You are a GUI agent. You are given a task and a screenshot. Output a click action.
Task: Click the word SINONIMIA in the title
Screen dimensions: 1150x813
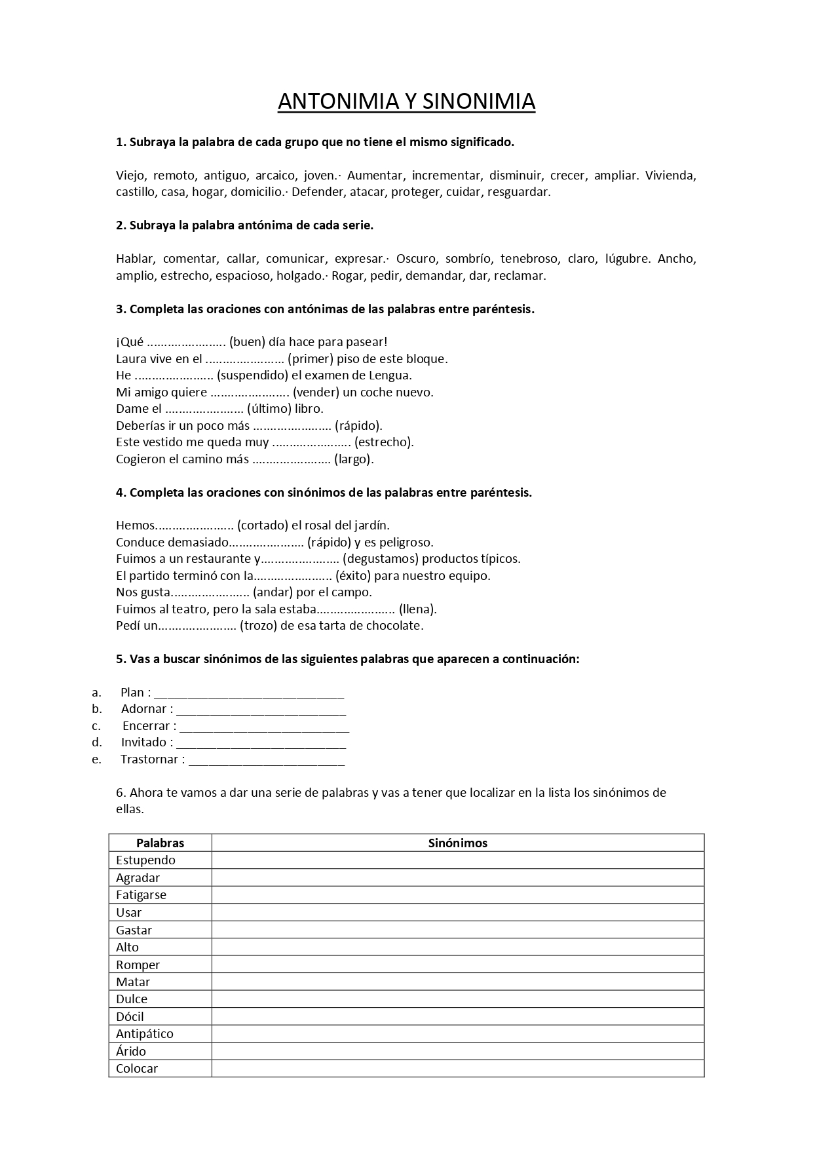[x=479, y=102]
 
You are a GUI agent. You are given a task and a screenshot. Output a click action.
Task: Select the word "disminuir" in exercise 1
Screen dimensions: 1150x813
[x=516, y=176]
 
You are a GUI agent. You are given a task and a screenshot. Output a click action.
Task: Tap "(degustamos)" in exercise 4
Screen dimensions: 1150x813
[x=381, y=559]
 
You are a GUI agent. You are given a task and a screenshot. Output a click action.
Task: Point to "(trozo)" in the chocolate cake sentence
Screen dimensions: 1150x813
[x=258, y=626]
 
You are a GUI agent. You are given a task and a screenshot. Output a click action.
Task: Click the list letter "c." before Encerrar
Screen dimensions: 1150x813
[x=96, y=726]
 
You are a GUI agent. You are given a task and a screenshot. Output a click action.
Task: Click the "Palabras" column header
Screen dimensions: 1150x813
[x=160, y=843]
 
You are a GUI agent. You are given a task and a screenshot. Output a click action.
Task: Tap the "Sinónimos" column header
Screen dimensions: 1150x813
[x=457, y=843]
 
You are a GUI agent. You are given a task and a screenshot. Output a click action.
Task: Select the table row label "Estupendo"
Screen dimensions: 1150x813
[x=145, y=860]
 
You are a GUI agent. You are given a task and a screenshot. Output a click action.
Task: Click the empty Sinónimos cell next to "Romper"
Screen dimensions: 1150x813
[x=457, y=965]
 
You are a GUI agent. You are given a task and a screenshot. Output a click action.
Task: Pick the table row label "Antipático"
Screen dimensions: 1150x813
[x=145, y=1034]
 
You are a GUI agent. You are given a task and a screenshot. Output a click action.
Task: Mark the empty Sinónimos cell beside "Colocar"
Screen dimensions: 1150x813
[x=457, y=1069]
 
